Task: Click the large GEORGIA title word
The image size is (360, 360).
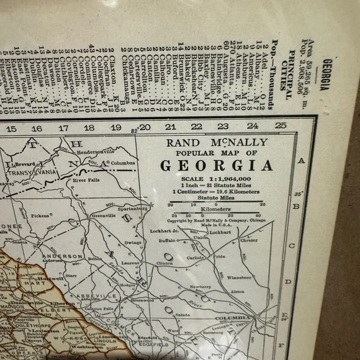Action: (217, 166)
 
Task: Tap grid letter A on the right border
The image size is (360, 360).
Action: (302, 160)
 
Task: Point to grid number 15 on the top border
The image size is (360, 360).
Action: (11, 128)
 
